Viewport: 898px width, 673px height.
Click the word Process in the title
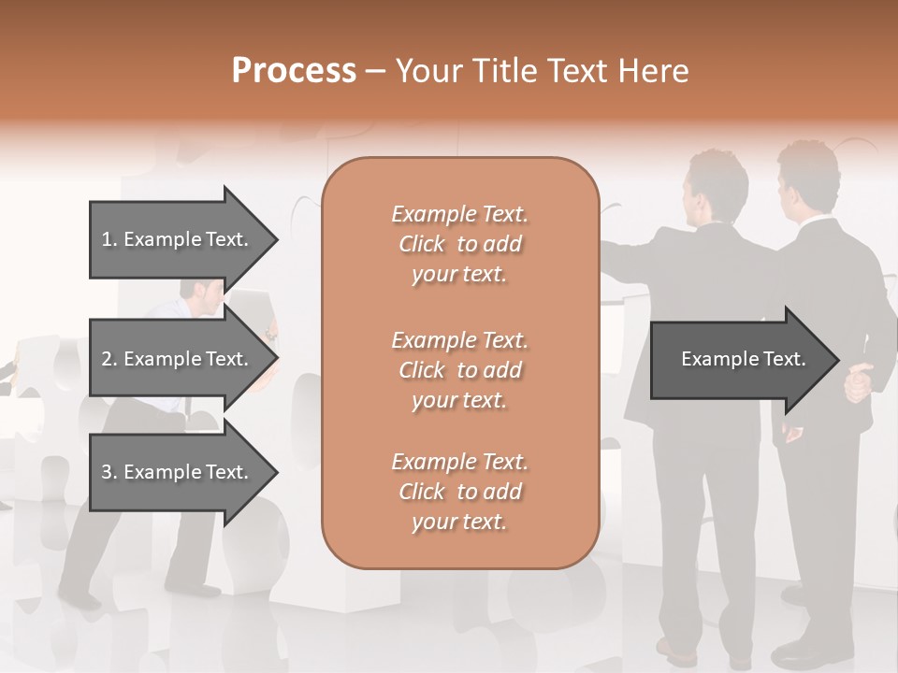(294, 71)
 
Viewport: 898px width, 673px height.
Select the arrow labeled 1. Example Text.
(178, 239)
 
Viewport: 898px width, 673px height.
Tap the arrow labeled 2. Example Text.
(178, 359)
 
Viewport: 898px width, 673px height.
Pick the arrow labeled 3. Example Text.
(178, 472)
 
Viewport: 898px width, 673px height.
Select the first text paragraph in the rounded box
(459, 244)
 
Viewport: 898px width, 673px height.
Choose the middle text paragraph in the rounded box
(459, 370)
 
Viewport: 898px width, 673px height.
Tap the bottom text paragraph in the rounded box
(459, 492)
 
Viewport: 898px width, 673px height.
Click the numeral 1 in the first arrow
(107, 239)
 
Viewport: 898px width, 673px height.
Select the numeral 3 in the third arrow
(107, 472)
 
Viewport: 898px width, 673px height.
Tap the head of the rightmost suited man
(806, 178)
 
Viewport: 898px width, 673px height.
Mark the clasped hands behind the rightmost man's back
(859, 381)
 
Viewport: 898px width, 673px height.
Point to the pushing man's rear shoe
(80, 597)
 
